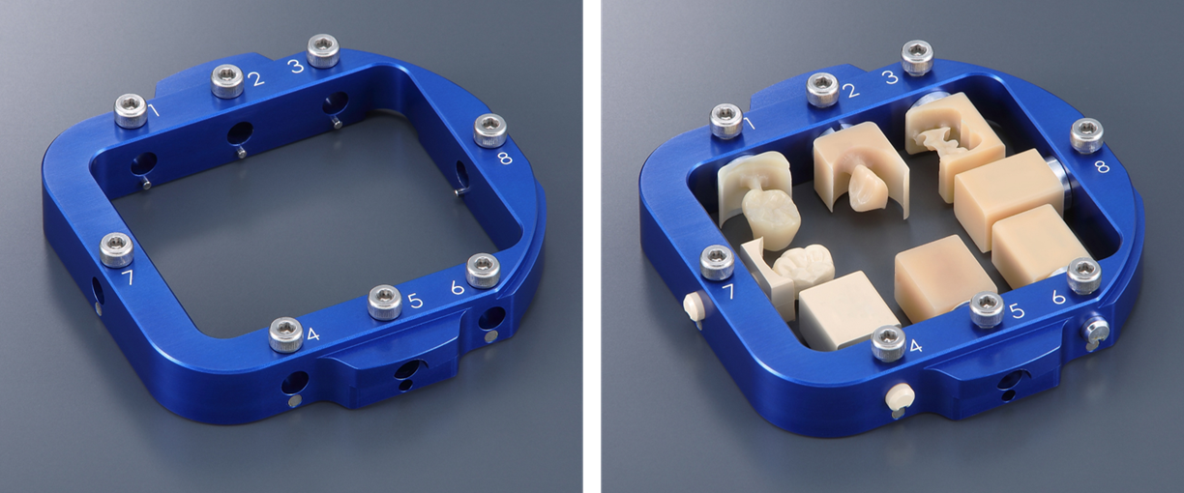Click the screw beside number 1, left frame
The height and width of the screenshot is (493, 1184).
click(x=131, y=110)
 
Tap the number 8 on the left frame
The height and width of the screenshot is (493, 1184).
click(x=506, y=158)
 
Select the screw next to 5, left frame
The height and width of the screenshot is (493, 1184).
click(x=385, y=303)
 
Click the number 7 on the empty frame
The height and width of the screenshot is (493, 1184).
click(x=130, y=277)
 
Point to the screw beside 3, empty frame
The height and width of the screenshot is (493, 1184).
click(x=323, y=50)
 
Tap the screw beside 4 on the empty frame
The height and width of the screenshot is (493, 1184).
click(x=286, y=334)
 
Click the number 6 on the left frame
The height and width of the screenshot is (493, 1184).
click(x=458, y=287)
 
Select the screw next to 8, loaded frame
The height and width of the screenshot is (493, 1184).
click(x=1086, y=135)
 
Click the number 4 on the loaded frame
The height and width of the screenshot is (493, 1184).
click(x=916, y=346)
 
